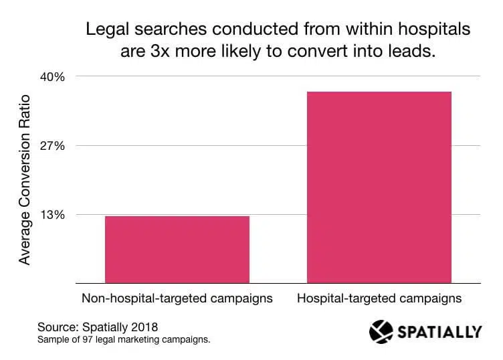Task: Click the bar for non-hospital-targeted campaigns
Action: click(177, 250)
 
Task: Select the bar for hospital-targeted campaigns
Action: click(379, 187)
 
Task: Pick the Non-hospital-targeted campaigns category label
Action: click(177, 298)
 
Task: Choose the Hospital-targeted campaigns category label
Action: click(379, 298)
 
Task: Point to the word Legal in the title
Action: click(102, 29)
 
